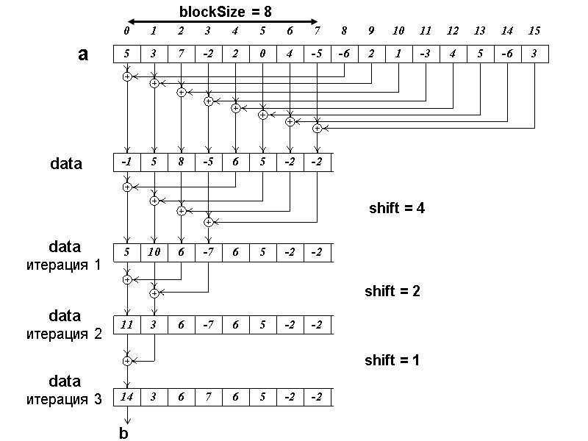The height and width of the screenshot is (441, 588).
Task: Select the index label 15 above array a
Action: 534,31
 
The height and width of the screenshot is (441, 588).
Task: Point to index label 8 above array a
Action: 344,31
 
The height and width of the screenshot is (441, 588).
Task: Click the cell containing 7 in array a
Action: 181,54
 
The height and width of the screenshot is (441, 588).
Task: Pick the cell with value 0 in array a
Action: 262,54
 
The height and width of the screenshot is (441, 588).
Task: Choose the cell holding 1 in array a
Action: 398,54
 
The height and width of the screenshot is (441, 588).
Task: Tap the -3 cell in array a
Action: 425,54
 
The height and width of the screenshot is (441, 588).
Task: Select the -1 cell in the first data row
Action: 127,162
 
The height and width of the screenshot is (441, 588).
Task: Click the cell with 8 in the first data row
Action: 181,162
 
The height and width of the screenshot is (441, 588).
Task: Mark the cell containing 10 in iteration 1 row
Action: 154,253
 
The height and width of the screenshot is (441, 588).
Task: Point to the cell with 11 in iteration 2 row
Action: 127,325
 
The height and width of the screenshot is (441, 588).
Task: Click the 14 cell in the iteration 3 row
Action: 127,397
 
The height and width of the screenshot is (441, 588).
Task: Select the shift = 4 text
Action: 397,208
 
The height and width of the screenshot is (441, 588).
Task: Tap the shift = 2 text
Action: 392,291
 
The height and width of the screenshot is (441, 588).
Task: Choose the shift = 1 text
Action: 392,360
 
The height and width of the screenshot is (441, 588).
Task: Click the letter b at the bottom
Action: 123,434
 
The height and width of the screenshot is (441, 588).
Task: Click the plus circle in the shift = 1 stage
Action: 127,361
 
